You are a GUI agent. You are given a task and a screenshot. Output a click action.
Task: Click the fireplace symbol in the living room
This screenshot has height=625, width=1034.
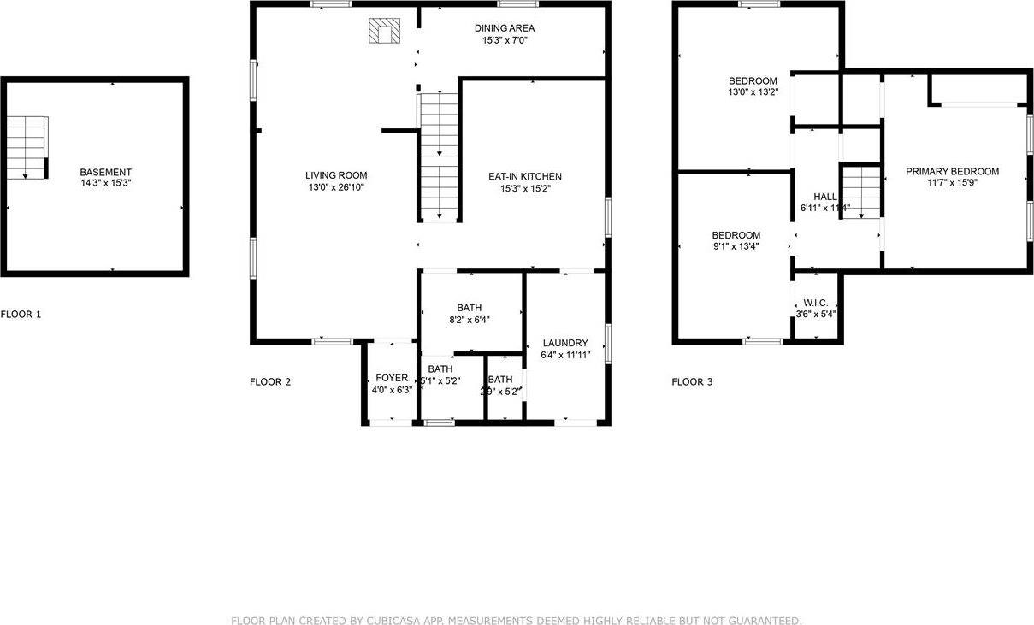(384, 32)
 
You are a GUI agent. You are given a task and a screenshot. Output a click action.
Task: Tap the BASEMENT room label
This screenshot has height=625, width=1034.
(106, 172)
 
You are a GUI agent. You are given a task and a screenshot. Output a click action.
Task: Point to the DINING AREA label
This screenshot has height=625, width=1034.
(505, 28)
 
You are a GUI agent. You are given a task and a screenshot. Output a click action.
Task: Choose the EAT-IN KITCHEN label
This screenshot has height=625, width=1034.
(525, 176)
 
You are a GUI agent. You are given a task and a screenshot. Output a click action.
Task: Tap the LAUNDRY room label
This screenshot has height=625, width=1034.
(564, 343)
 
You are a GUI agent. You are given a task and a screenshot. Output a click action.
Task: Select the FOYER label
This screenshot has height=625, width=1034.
(393, 378)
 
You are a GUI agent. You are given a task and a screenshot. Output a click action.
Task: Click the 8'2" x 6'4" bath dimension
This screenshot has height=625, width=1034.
(470, 320)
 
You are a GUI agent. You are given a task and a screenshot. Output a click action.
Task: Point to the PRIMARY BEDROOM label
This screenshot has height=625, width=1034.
(952, 172)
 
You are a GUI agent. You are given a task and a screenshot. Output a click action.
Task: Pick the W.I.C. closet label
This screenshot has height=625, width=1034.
(815, 304)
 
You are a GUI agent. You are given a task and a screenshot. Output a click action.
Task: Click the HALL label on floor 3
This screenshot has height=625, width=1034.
(825, 197)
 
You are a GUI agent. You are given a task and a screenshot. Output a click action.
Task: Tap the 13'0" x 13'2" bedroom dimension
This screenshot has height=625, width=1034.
(753, 92)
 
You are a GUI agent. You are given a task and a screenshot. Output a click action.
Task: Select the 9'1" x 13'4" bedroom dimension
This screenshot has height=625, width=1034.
(736, 246)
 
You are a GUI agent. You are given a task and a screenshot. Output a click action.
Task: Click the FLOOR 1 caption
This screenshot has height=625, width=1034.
(21, 315)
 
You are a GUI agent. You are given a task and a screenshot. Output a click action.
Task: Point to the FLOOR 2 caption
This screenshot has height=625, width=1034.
(270, 382)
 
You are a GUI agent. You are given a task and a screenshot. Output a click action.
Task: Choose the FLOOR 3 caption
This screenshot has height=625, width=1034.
(692, 382)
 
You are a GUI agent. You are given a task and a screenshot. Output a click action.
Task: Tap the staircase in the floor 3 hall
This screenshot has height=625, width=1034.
(861, 191)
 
